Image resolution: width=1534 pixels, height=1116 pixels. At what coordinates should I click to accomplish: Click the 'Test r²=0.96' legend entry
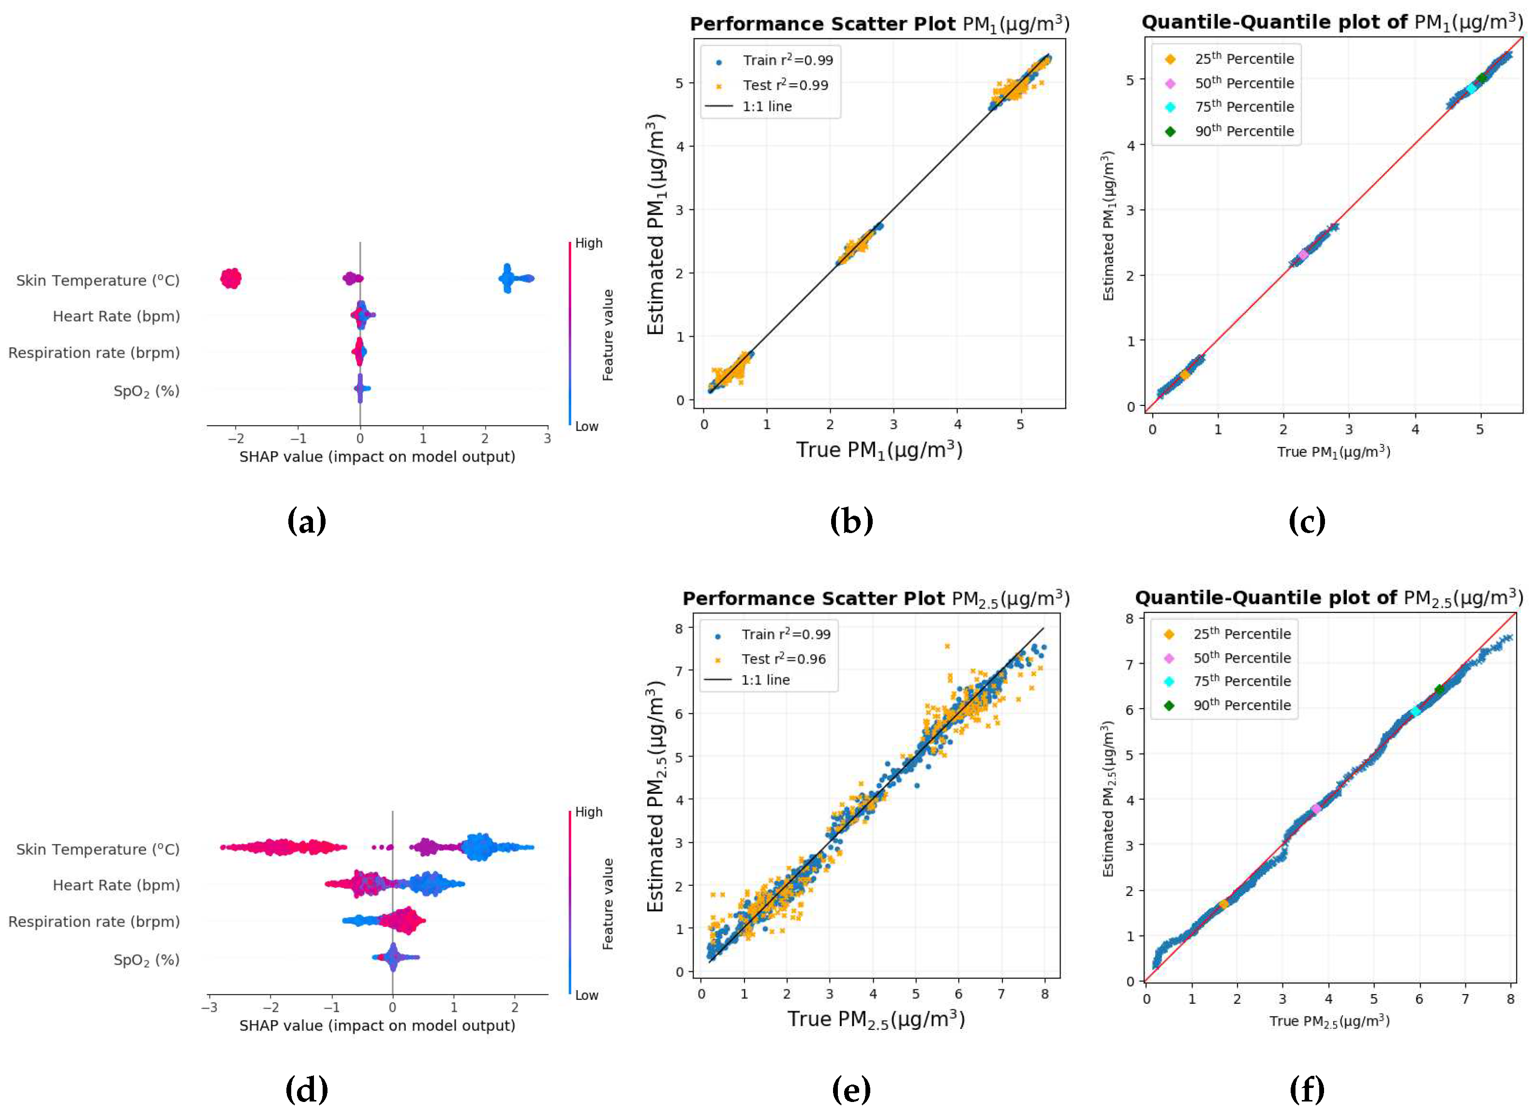pyautogui.click(x=783, y=659)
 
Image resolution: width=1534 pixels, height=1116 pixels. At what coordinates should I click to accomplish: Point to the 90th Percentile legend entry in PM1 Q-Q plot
pyautogui.click(x=1243, y=131)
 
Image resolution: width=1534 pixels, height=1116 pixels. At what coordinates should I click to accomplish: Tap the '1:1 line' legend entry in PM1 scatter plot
pyautogui.click(x=766, y=107)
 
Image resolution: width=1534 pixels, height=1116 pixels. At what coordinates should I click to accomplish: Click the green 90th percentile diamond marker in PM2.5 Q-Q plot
pyautogui.click(x=1439, y=690)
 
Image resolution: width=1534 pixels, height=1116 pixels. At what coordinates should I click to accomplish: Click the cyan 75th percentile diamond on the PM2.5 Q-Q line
pyautogui.click(x=1415, y=712)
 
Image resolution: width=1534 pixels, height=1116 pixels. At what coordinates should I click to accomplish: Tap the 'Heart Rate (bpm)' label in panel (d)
pyautogui.click(x=116, y=885)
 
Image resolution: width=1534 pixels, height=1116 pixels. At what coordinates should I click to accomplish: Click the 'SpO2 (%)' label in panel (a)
pyautogui.click(x=146, y=391)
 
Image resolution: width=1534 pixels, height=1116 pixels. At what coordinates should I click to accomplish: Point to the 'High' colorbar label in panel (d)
pyautogui.click(x=588, y=812)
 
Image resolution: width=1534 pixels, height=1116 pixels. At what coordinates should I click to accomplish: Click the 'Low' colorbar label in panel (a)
pyautogui.click(x=586, y=427)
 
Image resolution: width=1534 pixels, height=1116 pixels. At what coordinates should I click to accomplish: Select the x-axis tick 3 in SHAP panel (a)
pyautogui.click(x=547, y=439)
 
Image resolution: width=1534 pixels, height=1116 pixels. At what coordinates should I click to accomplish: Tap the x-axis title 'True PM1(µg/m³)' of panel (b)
pyautogui.click(x=879, y=450)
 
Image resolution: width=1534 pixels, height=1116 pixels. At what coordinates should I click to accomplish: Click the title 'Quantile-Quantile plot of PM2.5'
pyautogui.click(x=1328, y=598)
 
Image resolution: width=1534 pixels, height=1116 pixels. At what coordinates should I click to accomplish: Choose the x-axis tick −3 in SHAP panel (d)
pyautogui.click(x=209, y=1008)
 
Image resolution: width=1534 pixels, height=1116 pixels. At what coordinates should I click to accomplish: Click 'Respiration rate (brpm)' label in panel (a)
pyautogui.click(x=94, y=353)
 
